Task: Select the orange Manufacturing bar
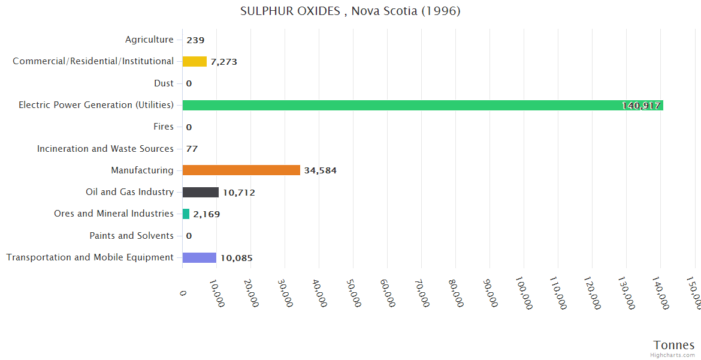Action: [241, 170]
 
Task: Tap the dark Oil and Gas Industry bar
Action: [200, 192]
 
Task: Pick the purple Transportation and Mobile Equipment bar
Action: [199, 257]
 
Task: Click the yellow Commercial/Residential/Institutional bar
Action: [194, 61]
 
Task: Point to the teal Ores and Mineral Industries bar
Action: [186, 214]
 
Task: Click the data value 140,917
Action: [641, 106]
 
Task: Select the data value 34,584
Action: [320, 170]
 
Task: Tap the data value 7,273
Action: [228, 62]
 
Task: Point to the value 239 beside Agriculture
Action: [195, 40]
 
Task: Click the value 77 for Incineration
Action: [192, 149]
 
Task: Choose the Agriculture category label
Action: [149, 40]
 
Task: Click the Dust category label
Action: [164, 83]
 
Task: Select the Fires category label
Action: [164, 127]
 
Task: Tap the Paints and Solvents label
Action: [131, 236]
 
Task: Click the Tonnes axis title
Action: [673, 345]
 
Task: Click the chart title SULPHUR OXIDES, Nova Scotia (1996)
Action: [350, 11]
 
